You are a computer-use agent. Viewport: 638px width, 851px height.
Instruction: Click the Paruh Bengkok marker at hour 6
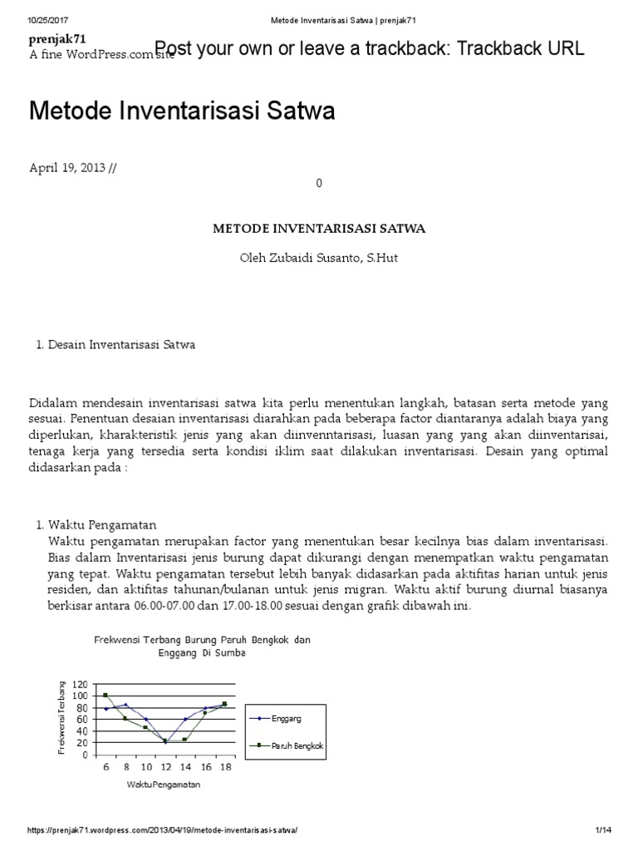(x=106, y=695)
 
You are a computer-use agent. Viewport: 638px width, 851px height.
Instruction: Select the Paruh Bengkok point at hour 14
(x=184, y=740)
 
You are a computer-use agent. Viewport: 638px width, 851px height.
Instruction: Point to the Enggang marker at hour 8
(x=125, y=705)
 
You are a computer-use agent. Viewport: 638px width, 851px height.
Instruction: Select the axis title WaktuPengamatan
(x=164, y=784)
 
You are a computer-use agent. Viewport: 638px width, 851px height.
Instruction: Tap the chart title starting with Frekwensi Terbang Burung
(x=202, y=646)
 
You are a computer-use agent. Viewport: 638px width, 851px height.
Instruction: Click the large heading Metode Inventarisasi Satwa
(x=182, y=111)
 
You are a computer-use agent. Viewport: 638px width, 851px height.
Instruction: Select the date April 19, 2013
(x=67, y=167)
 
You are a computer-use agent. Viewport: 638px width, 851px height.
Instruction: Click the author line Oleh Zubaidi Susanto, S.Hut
(x=318, y=258)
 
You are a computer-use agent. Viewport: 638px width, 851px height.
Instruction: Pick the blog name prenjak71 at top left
(x=57, y=39)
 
